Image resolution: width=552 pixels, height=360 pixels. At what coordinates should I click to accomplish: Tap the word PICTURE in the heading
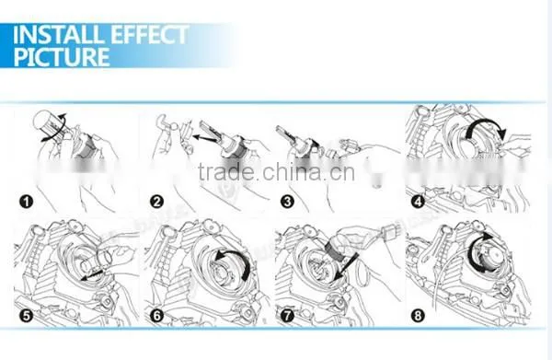tap(62, 57)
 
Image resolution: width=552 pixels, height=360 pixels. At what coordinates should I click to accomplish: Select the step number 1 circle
tap(26, 202)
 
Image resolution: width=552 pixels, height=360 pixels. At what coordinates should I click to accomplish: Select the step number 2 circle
tap(156, 202)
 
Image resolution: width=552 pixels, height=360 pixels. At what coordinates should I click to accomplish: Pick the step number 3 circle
tap(287, 202)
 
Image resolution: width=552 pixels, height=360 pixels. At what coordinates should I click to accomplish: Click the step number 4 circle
tap(418, 202)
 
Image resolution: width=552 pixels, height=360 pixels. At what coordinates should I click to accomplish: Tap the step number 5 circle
tap(27, 315)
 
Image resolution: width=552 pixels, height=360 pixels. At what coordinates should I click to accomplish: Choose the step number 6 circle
tap(157, 315)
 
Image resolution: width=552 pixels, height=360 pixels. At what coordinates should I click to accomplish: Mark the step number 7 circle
tap(287, 315)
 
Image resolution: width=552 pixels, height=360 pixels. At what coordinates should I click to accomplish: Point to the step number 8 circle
tap(418, 315)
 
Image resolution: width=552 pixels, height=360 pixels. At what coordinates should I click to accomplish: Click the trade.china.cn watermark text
tap(276, 172)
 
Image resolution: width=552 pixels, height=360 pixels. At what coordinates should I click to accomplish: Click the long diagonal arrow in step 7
tap(345, 267)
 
